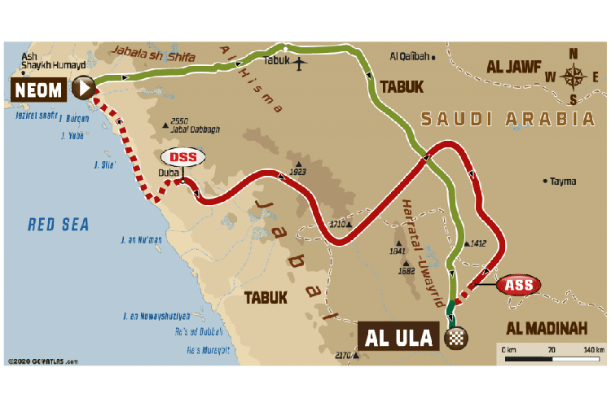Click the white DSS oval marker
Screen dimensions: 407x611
click(x=183, y=157)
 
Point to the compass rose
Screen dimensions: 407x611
click(x=574, y=77)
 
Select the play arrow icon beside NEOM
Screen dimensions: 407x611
click(x=83, y=87)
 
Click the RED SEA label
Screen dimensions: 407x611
click(x=58, y=225)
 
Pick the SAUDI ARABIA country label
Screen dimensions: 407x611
click(x=507, y=119)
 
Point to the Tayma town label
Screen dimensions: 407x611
click(x=563, y=181)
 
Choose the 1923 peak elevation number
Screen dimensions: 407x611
click(x=298, y=173)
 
